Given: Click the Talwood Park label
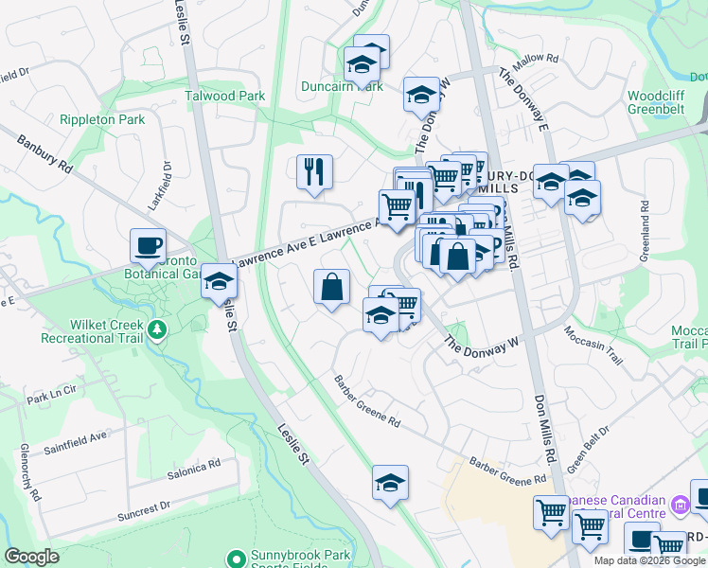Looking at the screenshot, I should tap(225, 96).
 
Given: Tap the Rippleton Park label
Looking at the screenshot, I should tap(102, 119).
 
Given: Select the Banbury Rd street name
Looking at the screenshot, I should tap(44, 153).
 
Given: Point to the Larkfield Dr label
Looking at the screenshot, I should tap(167, 181).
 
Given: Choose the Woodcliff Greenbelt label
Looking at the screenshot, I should tap(662, 102).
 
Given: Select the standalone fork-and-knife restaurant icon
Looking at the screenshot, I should tap(314, 171).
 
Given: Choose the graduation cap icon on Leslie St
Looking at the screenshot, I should tap(219, 281).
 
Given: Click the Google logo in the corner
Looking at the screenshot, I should tap(31, 557).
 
